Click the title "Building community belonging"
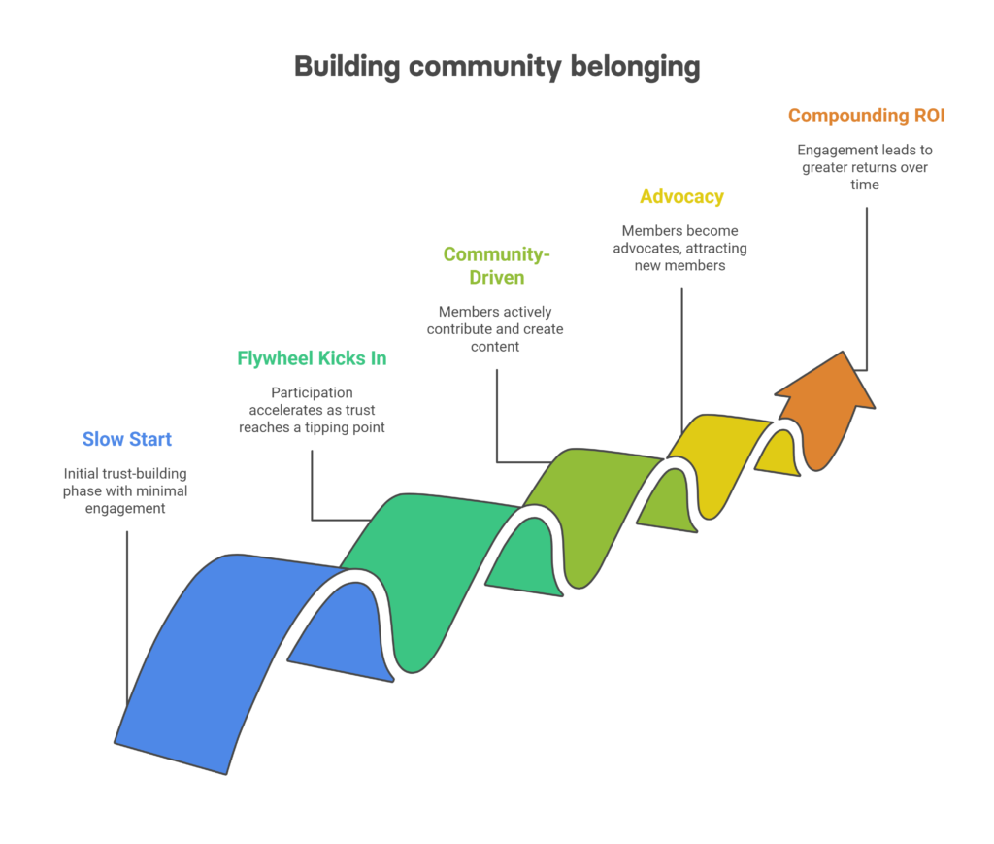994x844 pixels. tap(496, 66)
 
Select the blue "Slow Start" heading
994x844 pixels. tap(127, 439)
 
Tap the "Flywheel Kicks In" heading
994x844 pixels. tap(312, 358)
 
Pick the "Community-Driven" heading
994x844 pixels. tap(497, 265)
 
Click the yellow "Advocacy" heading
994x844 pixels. tap(681, 196)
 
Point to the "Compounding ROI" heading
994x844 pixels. tap(866, 116)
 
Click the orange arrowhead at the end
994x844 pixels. tap(830, 408)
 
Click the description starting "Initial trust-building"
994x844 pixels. tap(126, 490)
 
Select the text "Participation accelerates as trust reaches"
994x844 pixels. tap(312, 410)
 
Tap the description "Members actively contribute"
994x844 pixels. tap(495, 328)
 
